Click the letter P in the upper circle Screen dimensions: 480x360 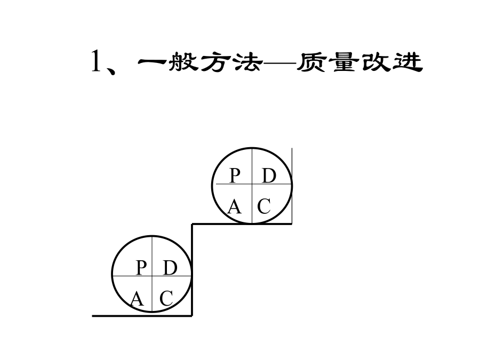click(235, 175)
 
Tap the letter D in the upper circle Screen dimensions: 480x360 click(269, 175)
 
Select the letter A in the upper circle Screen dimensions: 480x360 click(235, 206)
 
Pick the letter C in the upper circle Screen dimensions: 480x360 click(264, 206)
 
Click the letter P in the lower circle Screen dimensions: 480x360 click(141, 268)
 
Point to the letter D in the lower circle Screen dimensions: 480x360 click(170, 268)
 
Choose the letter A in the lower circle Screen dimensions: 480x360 click(137, 299)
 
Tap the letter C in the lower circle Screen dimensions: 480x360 click(166, 299)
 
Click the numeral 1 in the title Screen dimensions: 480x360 click(97, 61)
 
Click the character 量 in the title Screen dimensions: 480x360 click(344, 62)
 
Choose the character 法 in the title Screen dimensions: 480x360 click(247, 62)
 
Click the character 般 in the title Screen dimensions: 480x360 click(183, 62)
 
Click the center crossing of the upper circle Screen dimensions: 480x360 click(252, 184)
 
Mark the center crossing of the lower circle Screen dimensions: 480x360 click(152, 276)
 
